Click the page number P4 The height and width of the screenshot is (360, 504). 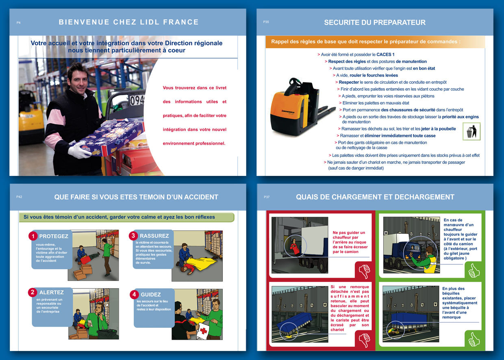18,22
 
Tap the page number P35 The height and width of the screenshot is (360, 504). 266,22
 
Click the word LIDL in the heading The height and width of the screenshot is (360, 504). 150,22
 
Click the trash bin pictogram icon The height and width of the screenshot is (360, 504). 471,131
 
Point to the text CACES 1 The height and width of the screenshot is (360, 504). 385,54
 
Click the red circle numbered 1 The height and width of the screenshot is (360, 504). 33,236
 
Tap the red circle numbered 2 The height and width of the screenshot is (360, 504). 33,292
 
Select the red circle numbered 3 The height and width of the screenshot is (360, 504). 133,235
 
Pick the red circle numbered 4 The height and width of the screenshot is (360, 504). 134,294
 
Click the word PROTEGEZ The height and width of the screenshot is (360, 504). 54,236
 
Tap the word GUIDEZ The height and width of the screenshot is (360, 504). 151,295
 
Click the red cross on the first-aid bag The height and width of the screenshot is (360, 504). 203,331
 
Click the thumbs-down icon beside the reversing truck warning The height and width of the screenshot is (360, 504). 365,271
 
